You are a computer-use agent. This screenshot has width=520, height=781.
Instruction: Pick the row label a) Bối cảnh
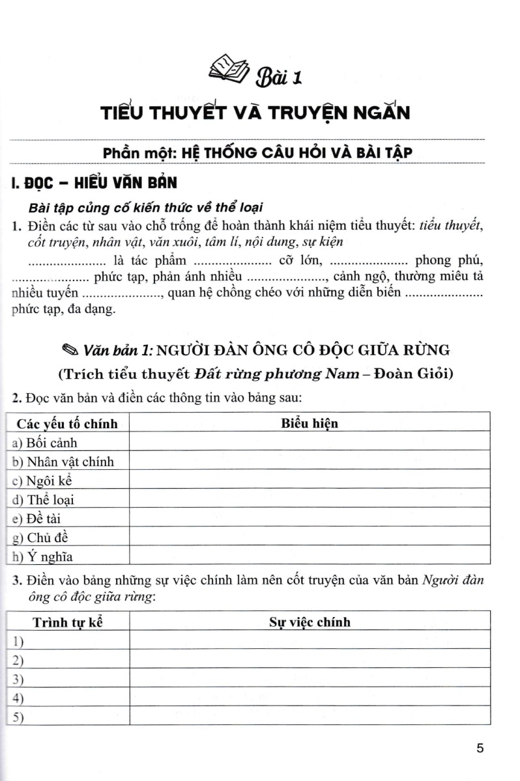45,443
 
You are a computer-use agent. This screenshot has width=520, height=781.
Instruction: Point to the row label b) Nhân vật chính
63,462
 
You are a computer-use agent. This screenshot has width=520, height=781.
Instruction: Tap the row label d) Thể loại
44,500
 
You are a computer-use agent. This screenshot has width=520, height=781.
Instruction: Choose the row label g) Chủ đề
40,538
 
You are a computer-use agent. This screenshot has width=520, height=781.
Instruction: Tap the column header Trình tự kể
68,622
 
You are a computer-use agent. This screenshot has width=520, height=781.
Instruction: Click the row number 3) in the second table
18,679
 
